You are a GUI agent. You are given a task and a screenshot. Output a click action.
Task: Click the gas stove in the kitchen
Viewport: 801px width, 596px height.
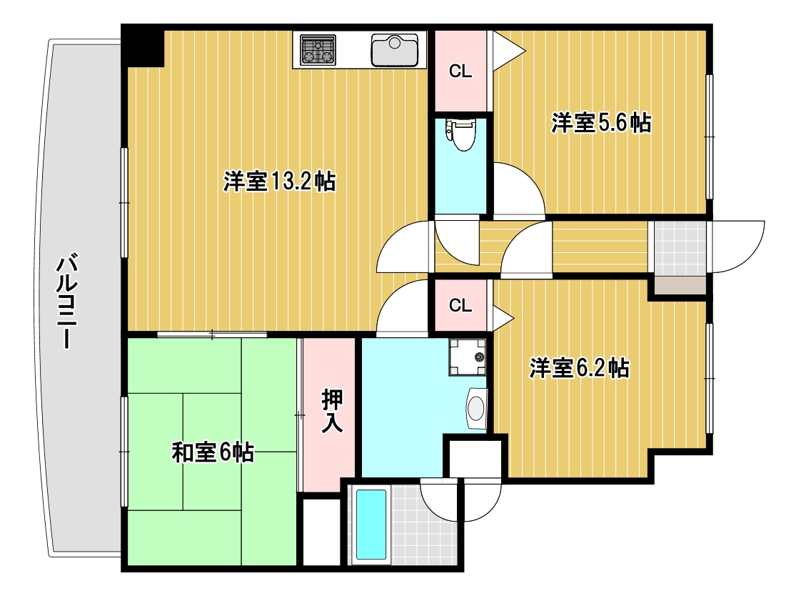pyautogui.click(x=318, y=50)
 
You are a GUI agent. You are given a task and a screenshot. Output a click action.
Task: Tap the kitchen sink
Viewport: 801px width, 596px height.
pyautogui.click(x=394, y=50)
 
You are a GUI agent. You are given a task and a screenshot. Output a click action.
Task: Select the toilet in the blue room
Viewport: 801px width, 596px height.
pyautogui.click(x=461, y=134)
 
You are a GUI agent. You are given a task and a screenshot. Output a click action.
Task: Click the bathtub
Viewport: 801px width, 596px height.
pyautogui.click(x=371, y=525)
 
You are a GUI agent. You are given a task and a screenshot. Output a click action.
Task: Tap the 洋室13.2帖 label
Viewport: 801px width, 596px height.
pyautogui.click(x=279, y=182)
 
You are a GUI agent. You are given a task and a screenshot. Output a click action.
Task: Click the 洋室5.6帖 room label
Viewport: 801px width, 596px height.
pyautogui.click(x=600, y=123)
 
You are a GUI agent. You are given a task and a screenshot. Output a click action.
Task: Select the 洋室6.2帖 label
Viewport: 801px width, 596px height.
pyautogui.click(x=579, y=368)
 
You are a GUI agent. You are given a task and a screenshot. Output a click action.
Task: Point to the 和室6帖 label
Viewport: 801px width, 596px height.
pyautogui.click(x=213, y=452)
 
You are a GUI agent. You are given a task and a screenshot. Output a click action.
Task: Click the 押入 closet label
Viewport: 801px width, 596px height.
pyautogui.click(x=331, y=412)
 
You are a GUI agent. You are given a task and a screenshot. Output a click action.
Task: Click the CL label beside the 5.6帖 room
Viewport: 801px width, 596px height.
pyautogui.click(x=460, y=71)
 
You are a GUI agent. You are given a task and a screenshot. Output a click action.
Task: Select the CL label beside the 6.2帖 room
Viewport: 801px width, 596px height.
pyautogui.click(x=460, y=306)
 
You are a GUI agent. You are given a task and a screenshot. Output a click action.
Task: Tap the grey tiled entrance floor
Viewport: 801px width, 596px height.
pyautogui.click(x=679, y=247)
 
